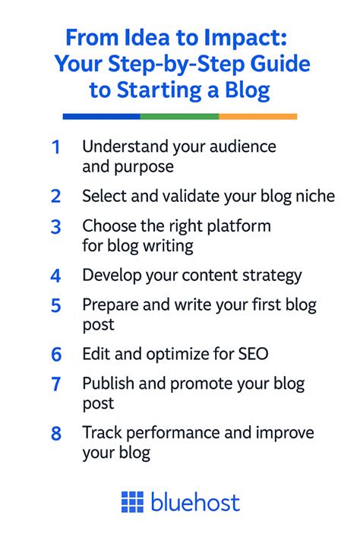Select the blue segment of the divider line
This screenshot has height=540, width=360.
coord(101,116)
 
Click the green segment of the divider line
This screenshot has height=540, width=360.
coord(179,116)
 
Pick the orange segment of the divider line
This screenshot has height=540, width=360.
coord(257,116)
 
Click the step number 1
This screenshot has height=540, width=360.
coord(55,147)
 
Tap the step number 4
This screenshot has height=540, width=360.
coord(55,276)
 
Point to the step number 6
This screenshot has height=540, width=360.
coord(55,353)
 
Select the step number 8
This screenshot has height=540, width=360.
coord(55,434)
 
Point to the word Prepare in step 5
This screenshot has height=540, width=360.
coord(109,305)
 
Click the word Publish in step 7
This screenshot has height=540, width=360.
coord(107,384)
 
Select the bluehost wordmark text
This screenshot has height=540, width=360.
coord(195,501)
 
